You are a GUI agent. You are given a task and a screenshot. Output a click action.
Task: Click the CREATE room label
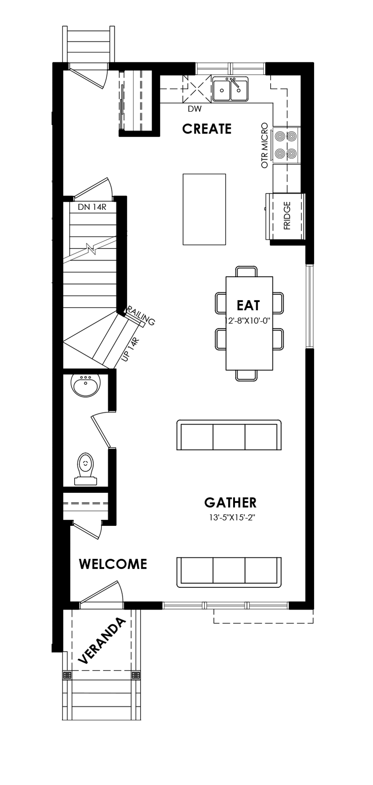click(x=206, y=129)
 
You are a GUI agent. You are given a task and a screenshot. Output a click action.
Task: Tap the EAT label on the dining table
click(x=248, y=305)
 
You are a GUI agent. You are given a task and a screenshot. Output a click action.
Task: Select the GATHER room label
click(x=230, y=502)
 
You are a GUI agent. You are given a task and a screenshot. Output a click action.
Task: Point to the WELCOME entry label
click(x=113, y=564)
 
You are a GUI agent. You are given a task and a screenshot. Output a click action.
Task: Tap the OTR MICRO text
click(x=265, y=146)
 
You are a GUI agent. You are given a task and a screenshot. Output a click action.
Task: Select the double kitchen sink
click(x=230, y=89)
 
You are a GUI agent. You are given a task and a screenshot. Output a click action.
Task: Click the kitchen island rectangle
click(x=204, y=209)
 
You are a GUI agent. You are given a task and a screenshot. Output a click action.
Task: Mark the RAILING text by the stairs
click(x=141, y=315)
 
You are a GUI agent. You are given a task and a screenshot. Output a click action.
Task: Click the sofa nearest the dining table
click(x=229, y=435)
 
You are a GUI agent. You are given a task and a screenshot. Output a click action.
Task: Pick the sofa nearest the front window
click(x=229, y=572)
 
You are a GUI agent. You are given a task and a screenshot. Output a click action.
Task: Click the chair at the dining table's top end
click(x=247, y=271)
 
